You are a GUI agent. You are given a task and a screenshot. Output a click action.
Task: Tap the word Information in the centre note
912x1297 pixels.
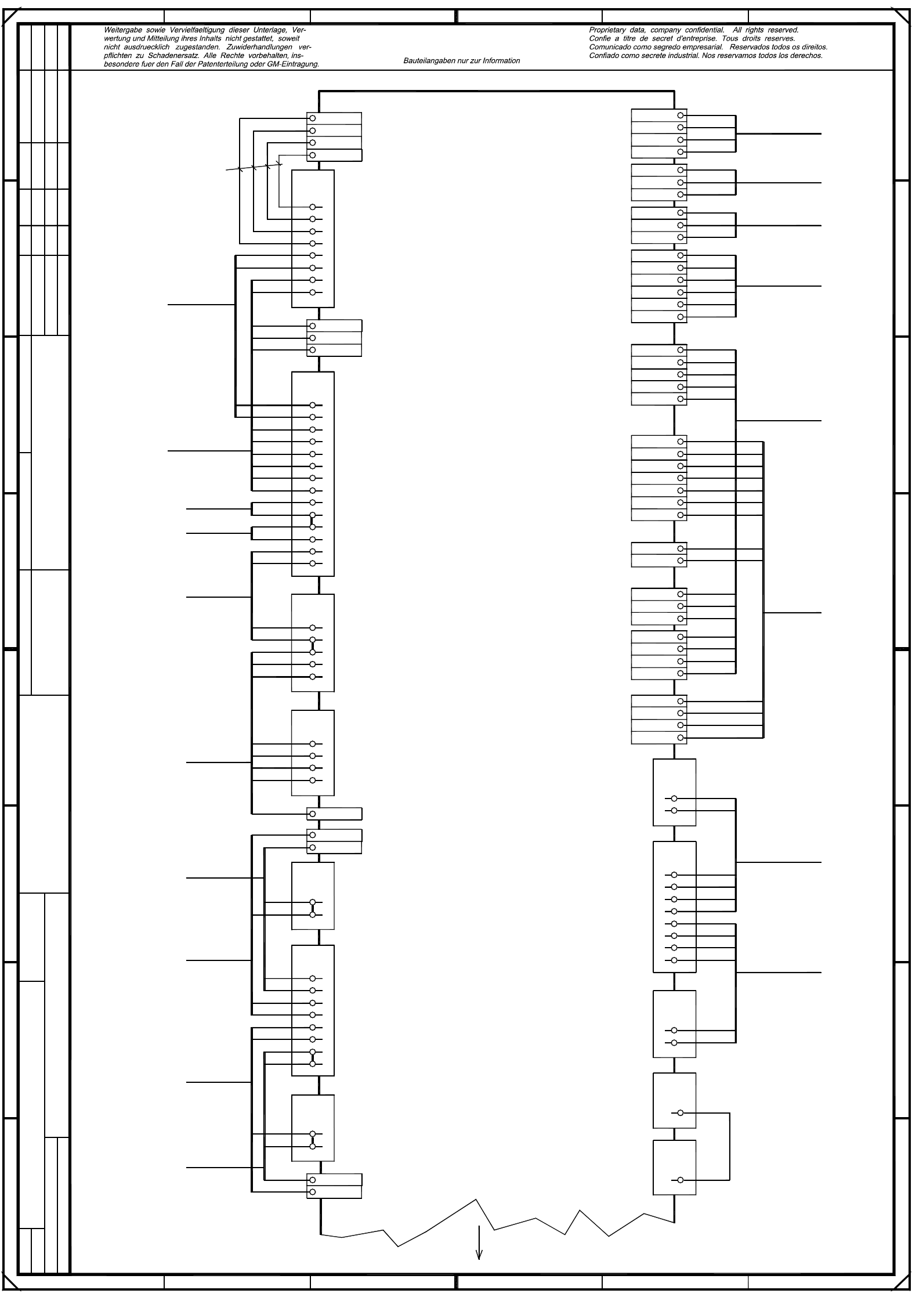point(501,61)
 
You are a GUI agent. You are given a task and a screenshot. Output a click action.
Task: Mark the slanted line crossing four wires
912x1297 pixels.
point(254,168)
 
